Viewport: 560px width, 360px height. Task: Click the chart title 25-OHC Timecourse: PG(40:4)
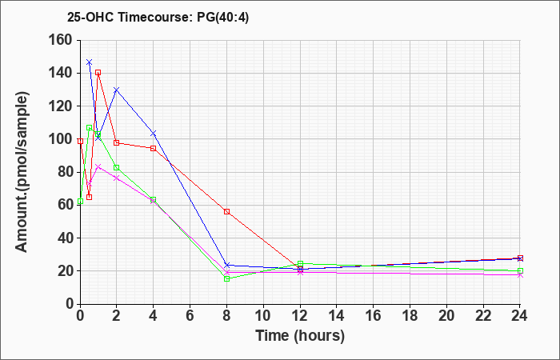tap(158, 17)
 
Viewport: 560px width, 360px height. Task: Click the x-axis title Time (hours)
tap(300, 336)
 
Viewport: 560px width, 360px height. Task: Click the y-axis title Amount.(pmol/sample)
tap(22, 172)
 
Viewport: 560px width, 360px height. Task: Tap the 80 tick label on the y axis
tap(66, 172)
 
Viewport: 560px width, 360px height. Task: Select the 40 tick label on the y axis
tap(66, 238)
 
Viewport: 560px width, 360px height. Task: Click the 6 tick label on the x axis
tap(190, 316)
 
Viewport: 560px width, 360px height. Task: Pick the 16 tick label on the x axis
tap(374, 316)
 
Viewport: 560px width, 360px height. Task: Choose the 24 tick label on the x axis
tap(520, 316)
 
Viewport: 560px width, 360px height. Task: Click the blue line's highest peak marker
tap(90, 62)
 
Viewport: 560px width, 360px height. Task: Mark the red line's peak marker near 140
tap(98, 73)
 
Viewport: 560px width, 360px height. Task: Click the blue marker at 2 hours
tap(117, 90)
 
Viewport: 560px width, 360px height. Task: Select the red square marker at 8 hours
tap(226, 212)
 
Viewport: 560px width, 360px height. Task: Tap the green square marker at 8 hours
tap(226, 279)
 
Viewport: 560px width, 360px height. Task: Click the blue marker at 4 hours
tap(154, 134)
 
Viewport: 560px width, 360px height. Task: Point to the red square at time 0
tap(80, 142)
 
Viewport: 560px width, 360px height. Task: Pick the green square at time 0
tap(80, 202)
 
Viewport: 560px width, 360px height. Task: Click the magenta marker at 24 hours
tap(520, 275)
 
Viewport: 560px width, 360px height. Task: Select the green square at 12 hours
tap(300, 264)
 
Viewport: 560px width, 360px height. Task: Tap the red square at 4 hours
tap(154, 148)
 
